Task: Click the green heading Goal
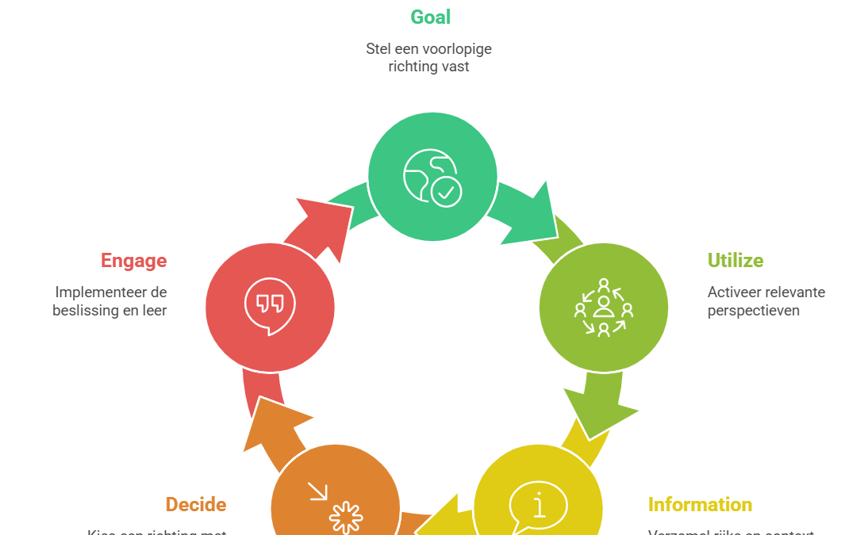pyautogui.click(x=430, y=17)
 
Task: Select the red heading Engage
pyautogui.click(x=133, y=261)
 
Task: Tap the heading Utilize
pyautogui.click(x=735, y=261)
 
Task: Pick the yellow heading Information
pyautogui.click(x=700, y=505)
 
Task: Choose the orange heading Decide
pyautogui.click(x=196, y=505)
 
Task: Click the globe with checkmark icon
pyautogui.click(x=432, y=177)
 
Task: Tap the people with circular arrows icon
pyautogui.click(x=604, y=308)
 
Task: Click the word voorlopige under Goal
pyautogui.click(x=459, y=49)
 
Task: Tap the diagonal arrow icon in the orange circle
pyautogui.click(x=318, y=492)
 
